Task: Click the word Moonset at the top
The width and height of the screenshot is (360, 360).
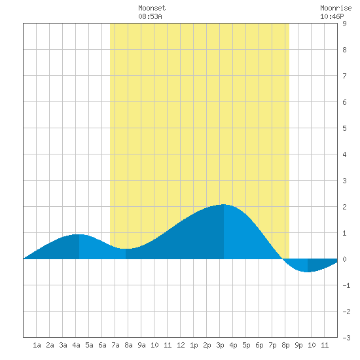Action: click(152, 9)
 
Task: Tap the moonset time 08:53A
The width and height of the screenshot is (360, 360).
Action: click(150, 17)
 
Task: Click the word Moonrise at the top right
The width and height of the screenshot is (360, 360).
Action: click(336, 9)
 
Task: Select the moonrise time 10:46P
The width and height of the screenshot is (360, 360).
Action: click(332, 17)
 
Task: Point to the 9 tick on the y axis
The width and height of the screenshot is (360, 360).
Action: click(344, 24)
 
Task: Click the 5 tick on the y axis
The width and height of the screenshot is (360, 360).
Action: click(344, 128)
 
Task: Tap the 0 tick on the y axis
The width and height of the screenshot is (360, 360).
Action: click(344, 259)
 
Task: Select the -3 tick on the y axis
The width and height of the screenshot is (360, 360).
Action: click(346, 338)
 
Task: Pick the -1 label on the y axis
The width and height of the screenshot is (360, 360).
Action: click(346, 285)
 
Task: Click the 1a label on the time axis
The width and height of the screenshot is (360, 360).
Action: click(37, 345)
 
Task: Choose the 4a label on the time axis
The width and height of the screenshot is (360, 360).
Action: click(76, 345)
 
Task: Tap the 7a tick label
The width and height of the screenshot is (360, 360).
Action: click(115, 345)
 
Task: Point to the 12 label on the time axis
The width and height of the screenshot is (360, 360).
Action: click(181, 345)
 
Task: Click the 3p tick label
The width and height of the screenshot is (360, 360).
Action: click(220, 345)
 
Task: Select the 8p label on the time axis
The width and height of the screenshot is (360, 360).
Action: click(285, 345)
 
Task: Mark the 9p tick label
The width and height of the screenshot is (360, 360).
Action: click(298, 345)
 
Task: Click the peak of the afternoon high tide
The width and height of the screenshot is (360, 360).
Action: click(224, 204)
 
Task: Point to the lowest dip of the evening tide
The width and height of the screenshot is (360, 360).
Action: click(308, 272)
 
